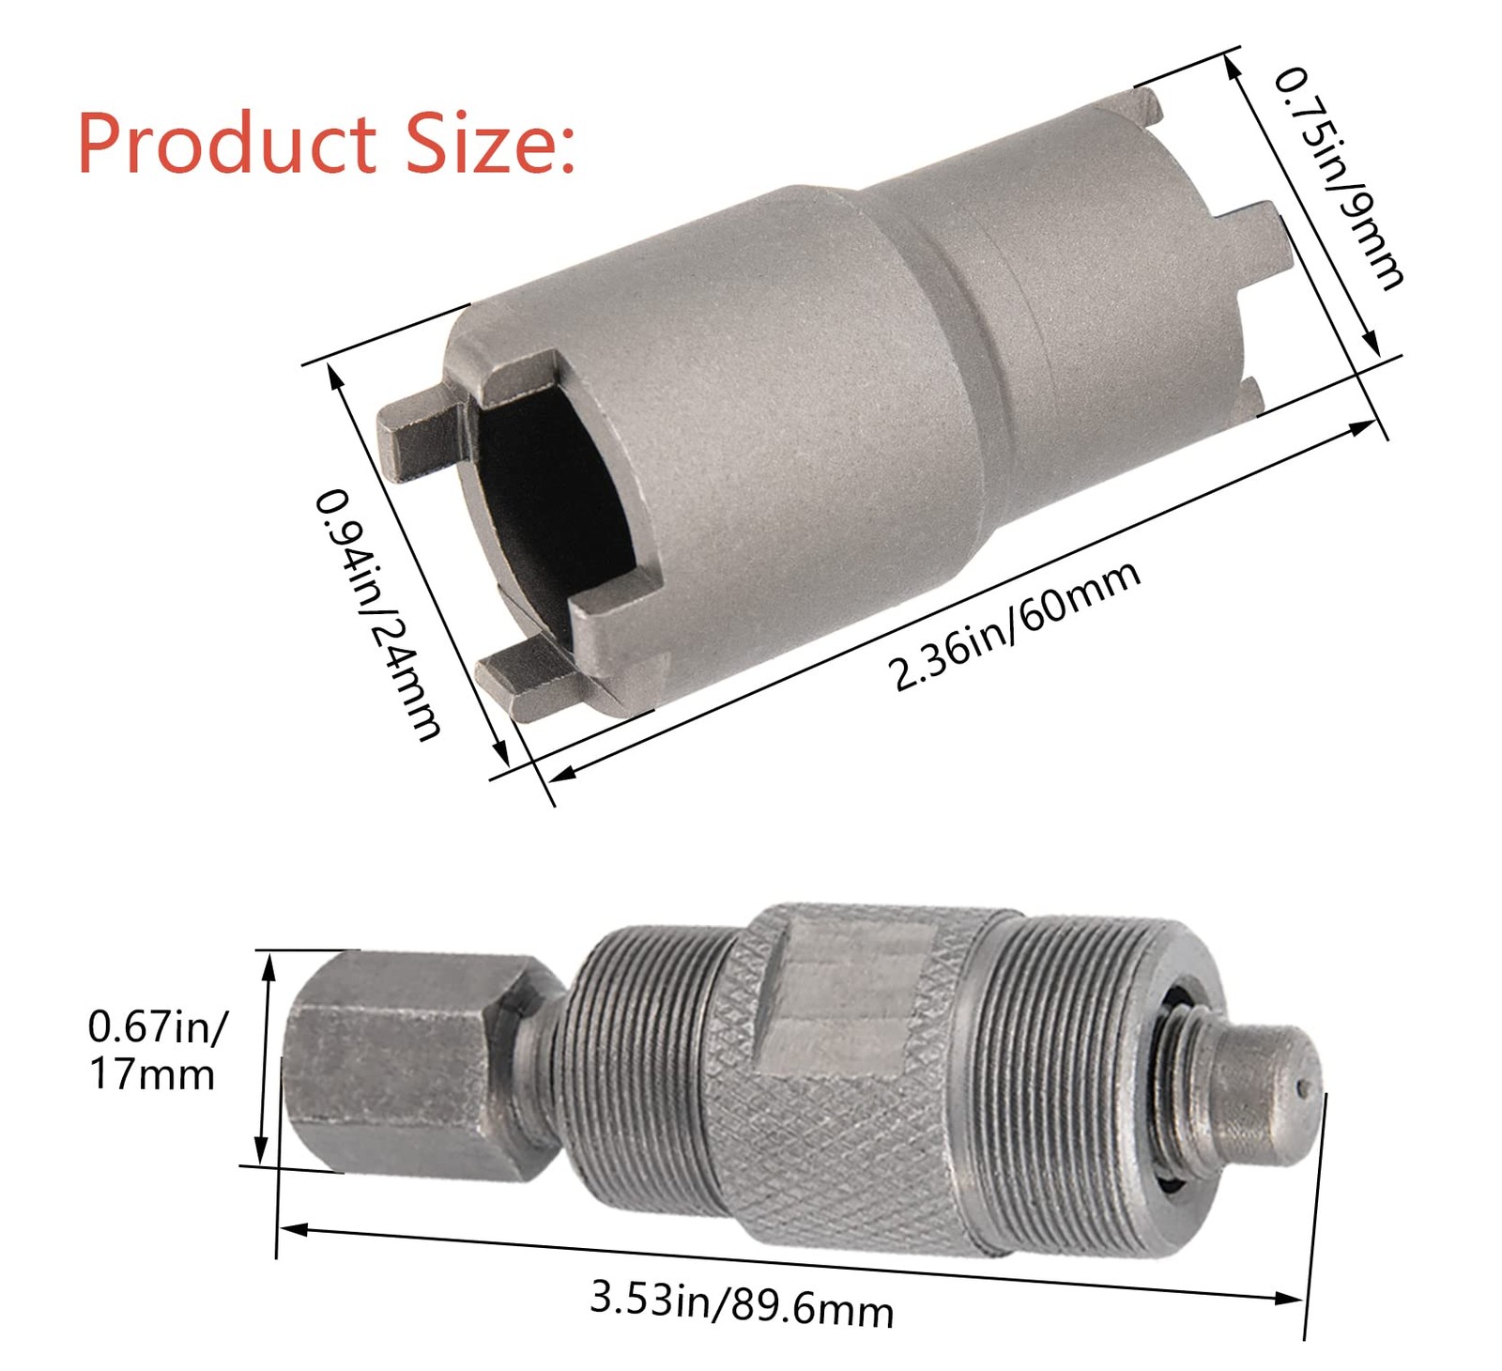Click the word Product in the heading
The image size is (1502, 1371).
click(226, 144)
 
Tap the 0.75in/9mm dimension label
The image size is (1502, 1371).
click(1339, 177)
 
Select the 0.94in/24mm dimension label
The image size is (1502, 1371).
click(376, 614)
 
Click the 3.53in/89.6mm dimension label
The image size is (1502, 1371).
click(742, 1302)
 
